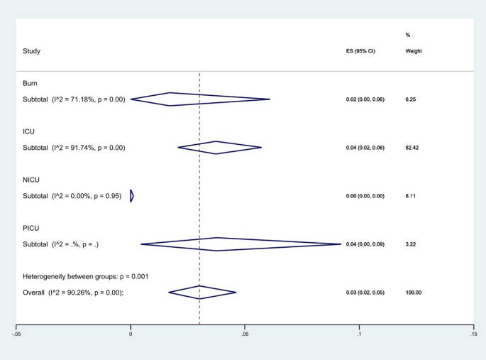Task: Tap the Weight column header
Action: (414, 51)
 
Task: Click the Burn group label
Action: (31, 83)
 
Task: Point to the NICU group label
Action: (32, 180)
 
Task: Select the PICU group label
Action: (32, 228)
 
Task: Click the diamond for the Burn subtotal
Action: (200, 99)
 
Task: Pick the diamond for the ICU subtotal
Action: (219, 148)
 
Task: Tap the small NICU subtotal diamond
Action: (132, 196)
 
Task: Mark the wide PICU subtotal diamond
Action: (241, 244)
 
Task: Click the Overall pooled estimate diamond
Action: (202, 293)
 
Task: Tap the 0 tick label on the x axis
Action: (131, 334)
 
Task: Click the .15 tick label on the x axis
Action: (473, 334)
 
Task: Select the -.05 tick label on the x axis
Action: (16, 334)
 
